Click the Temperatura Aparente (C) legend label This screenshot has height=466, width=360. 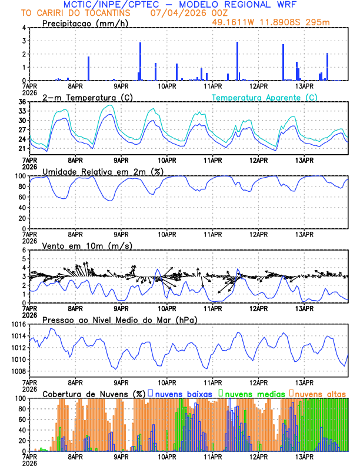point(264,97)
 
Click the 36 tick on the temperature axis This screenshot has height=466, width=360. point(22,102)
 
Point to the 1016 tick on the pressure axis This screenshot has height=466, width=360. point(18,324)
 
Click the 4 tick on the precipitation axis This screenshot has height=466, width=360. point(24,28)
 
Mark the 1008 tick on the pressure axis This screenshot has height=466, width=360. point(18,371)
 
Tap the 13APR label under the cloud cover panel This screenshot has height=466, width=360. point(304,456)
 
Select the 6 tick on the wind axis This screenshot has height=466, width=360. point(24,250)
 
